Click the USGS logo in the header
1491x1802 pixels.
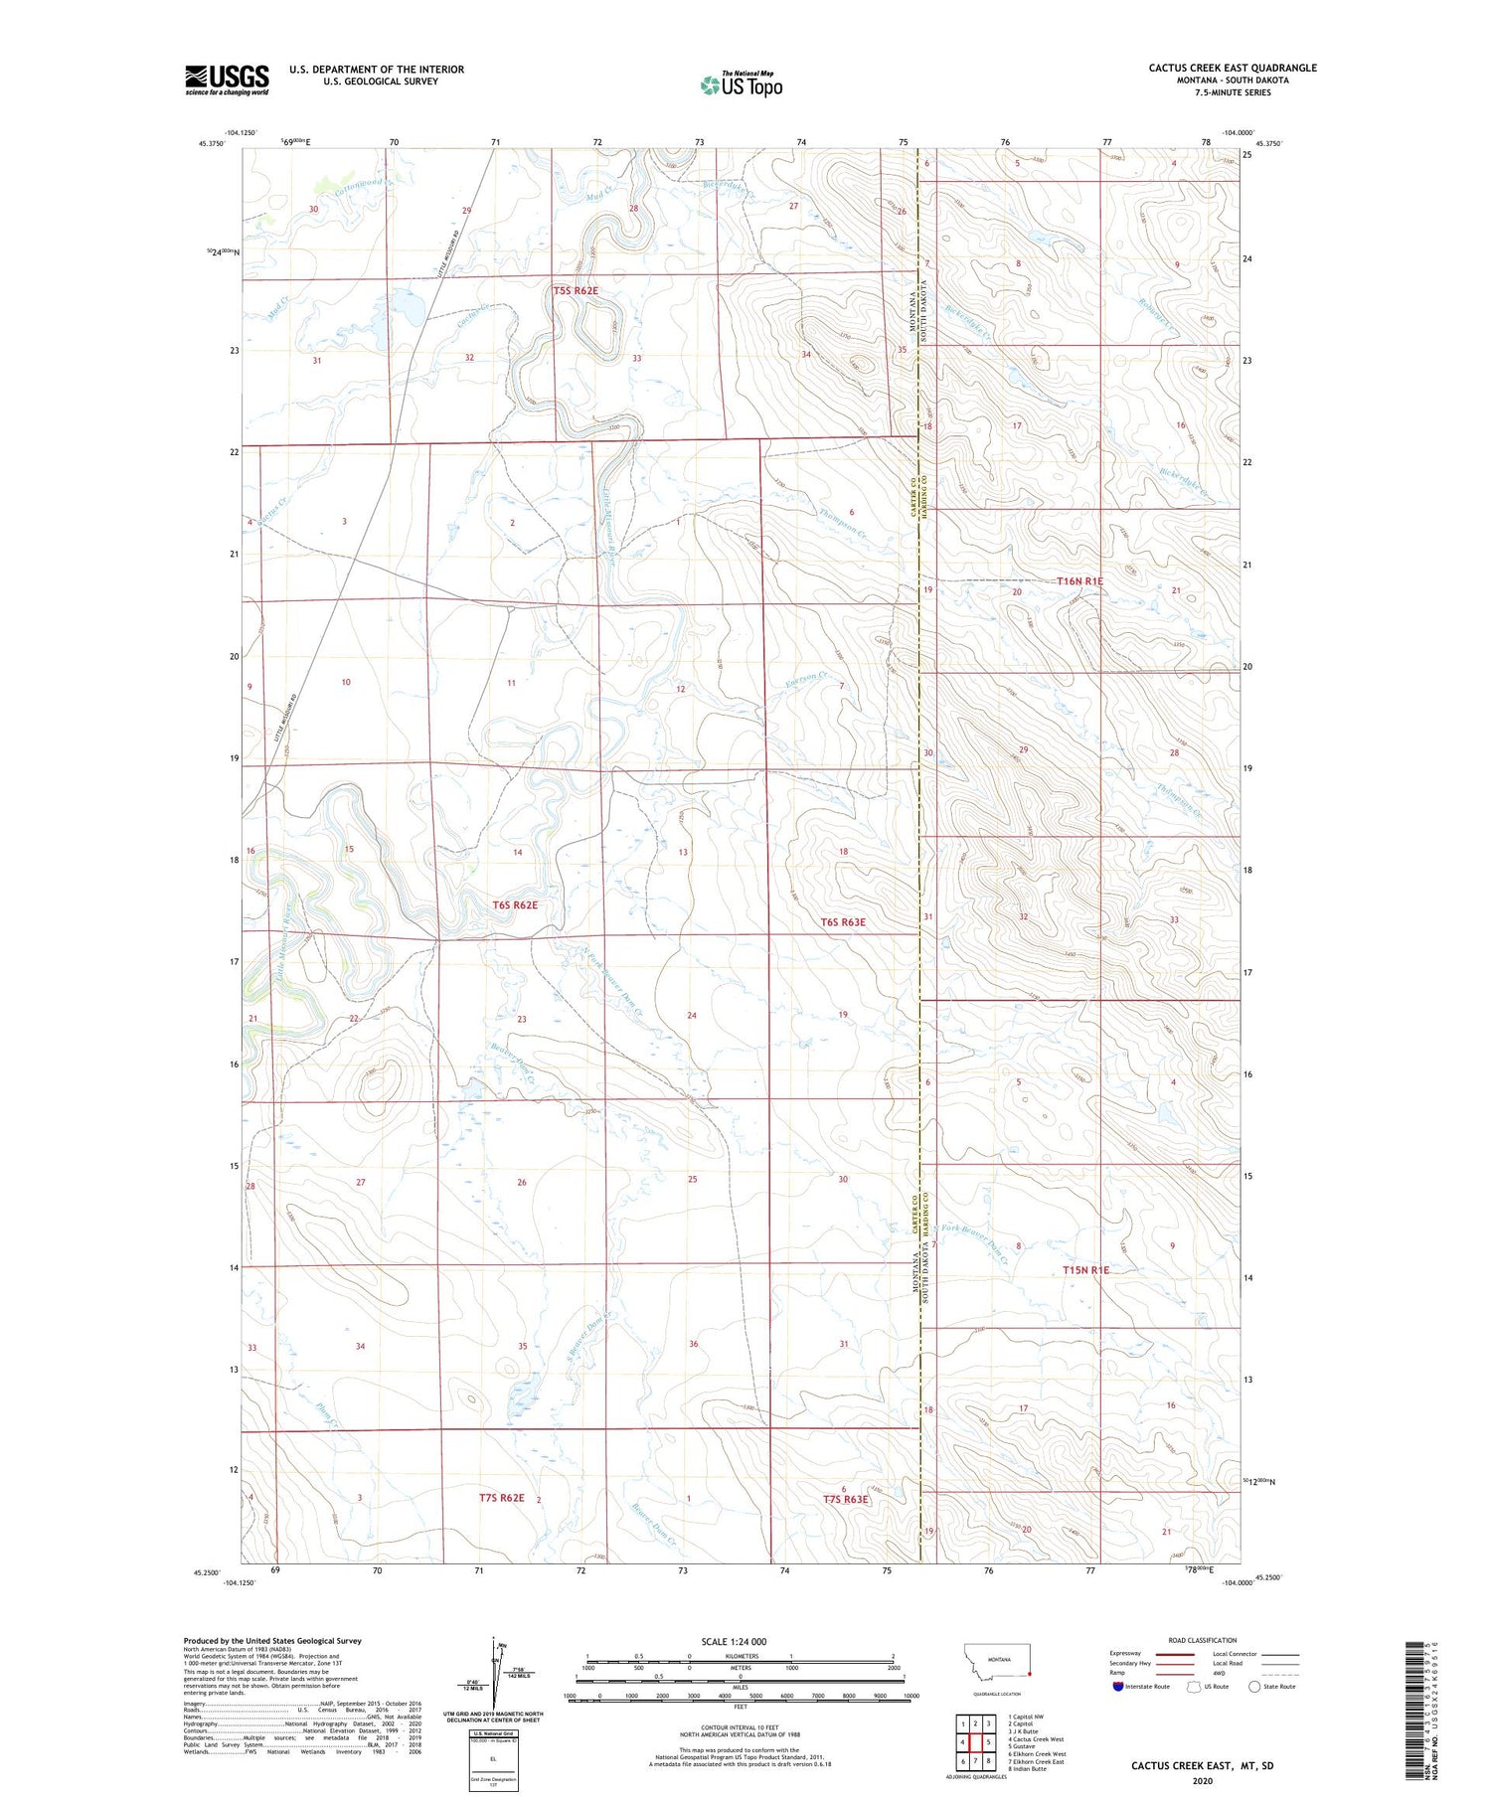[227, 80]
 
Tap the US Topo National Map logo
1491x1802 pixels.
[741, 84]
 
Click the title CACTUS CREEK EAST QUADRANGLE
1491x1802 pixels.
[1233, 68]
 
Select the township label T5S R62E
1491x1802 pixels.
[576, 290]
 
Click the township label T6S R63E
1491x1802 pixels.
[843, 922]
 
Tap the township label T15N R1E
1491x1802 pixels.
[1084, 1270]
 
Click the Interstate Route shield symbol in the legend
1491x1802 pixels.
[1118, 1687]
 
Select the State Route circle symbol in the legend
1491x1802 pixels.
[1254, 1687]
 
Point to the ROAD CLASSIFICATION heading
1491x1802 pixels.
[1203, 1640]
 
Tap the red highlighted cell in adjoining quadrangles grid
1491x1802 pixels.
[989, 1742]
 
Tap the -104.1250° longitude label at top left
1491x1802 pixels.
[241, 132]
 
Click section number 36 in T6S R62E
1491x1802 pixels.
[694, 1344]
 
